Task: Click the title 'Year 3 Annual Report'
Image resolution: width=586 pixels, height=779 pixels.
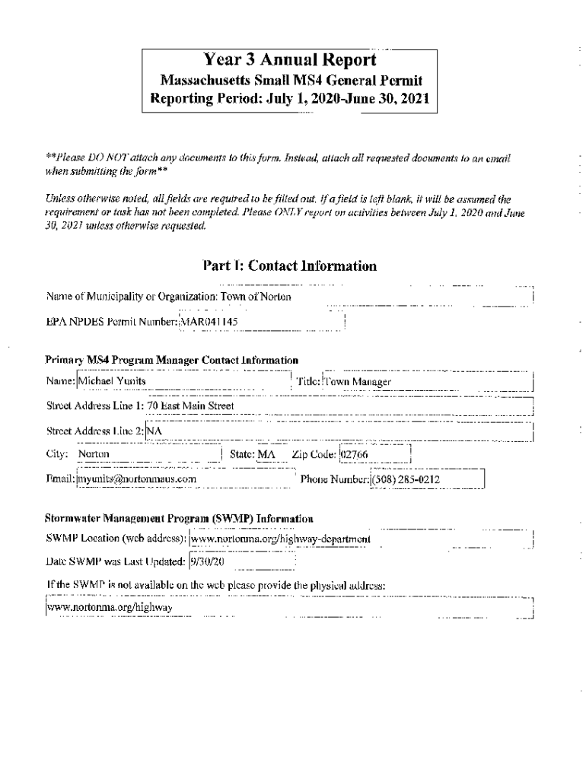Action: click(x=289, y=61)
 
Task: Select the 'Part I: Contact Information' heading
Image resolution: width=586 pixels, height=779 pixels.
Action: click(x=289, y=265)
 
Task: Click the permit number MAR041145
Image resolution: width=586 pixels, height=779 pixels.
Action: click(x=209, y=322)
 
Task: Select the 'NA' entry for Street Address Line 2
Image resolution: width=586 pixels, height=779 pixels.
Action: click(x=155, y=431)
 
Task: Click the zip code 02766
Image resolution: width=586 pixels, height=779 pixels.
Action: click(x=355, y=454)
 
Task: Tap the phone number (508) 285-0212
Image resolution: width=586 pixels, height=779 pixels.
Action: click(x=406, y=479)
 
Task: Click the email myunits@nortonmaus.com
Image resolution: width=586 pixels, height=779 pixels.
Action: click(x=137, y=479)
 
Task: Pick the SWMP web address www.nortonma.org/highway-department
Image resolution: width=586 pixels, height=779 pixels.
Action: click(x=281, y=539)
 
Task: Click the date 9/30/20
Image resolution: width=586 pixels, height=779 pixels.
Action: click(x=206, y=563)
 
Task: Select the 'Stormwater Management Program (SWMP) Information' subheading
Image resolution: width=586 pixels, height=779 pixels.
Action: click(x=179, y=518)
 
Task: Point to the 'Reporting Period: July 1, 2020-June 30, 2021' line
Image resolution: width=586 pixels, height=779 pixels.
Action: click(x=289, y=99)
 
